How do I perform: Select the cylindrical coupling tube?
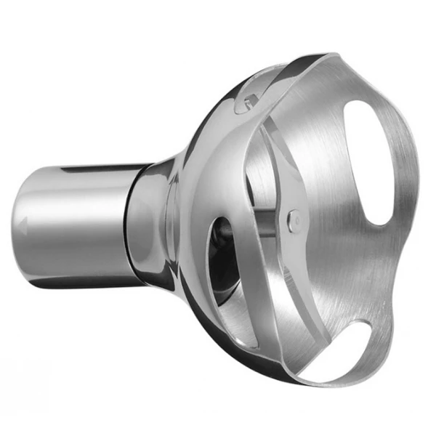[x=73, y=222]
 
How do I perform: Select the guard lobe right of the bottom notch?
[x=381, y=342]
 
